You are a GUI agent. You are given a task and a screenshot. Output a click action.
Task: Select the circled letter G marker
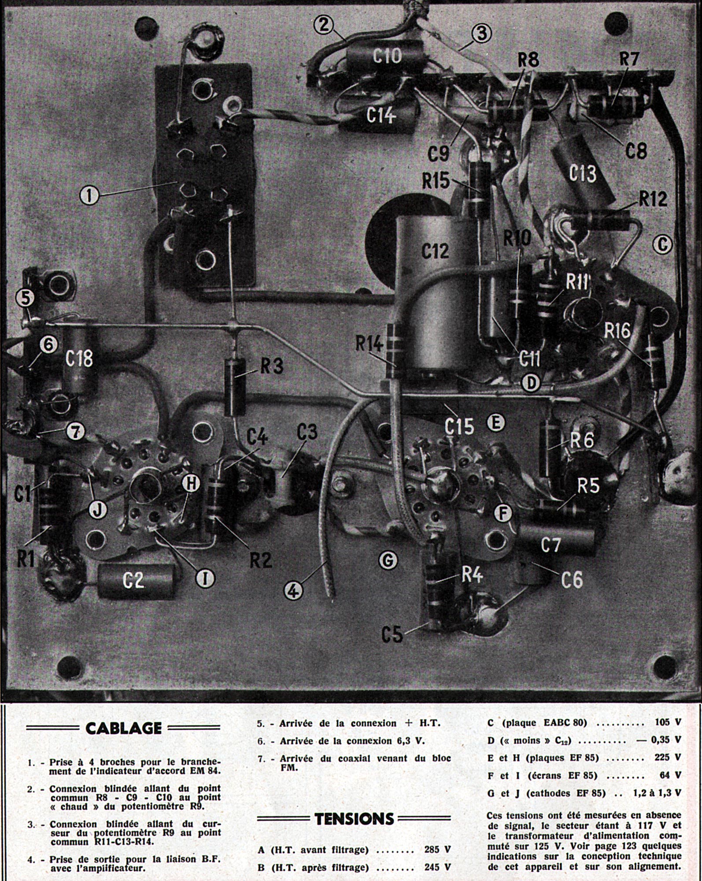[x=388, y=561]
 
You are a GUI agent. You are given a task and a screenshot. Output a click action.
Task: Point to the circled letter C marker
[x=662, y=243]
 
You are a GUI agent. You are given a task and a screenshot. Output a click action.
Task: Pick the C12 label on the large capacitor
[x=435, y=251]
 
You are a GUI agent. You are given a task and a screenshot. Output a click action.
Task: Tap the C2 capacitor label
[x=133, y=581]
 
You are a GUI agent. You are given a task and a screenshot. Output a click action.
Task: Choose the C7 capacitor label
[x=550, y=546]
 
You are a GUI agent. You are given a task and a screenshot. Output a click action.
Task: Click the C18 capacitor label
[x=79, y=359]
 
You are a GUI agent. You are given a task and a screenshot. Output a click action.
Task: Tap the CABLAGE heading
[x=123, y=727]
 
